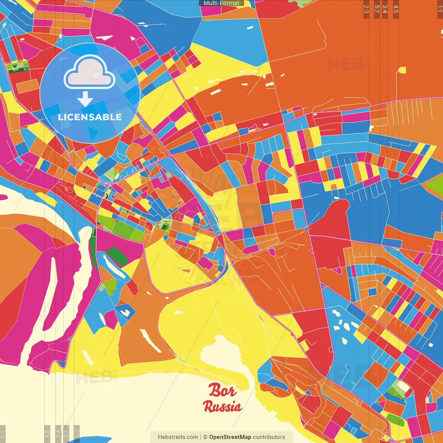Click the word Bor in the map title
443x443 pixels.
click(223, 391)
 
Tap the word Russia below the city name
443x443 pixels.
click(222, 406)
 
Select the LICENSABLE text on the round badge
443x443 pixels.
click(90, 117)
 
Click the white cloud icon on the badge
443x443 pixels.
click(90, 73)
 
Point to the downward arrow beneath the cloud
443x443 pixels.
click(85, 99)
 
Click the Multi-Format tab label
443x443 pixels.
click(221, 3)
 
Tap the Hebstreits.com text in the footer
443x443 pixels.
click(178, 437)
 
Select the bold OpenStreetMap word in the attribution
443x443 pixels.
click(230, 437)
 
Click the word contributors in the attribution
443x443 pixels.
click(269, 437)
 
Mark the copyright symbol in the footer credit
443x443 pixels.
click(205, 437)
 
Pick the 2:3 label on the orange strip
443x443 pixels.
click(366, 9)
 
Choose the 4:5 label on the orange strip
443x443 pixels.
click(396, 9)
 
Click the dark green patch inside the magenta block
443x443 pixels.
click(116, 256)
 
